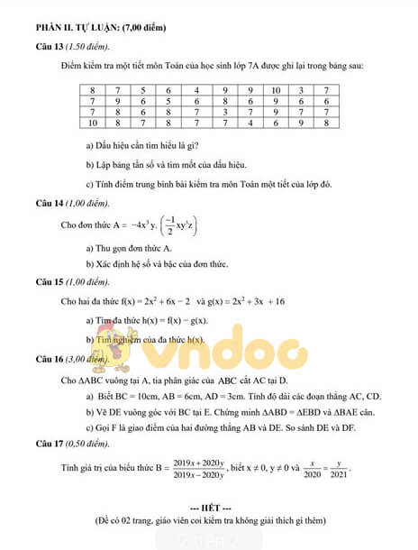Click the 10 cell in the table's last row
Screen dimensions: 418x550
coord(92,123)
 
